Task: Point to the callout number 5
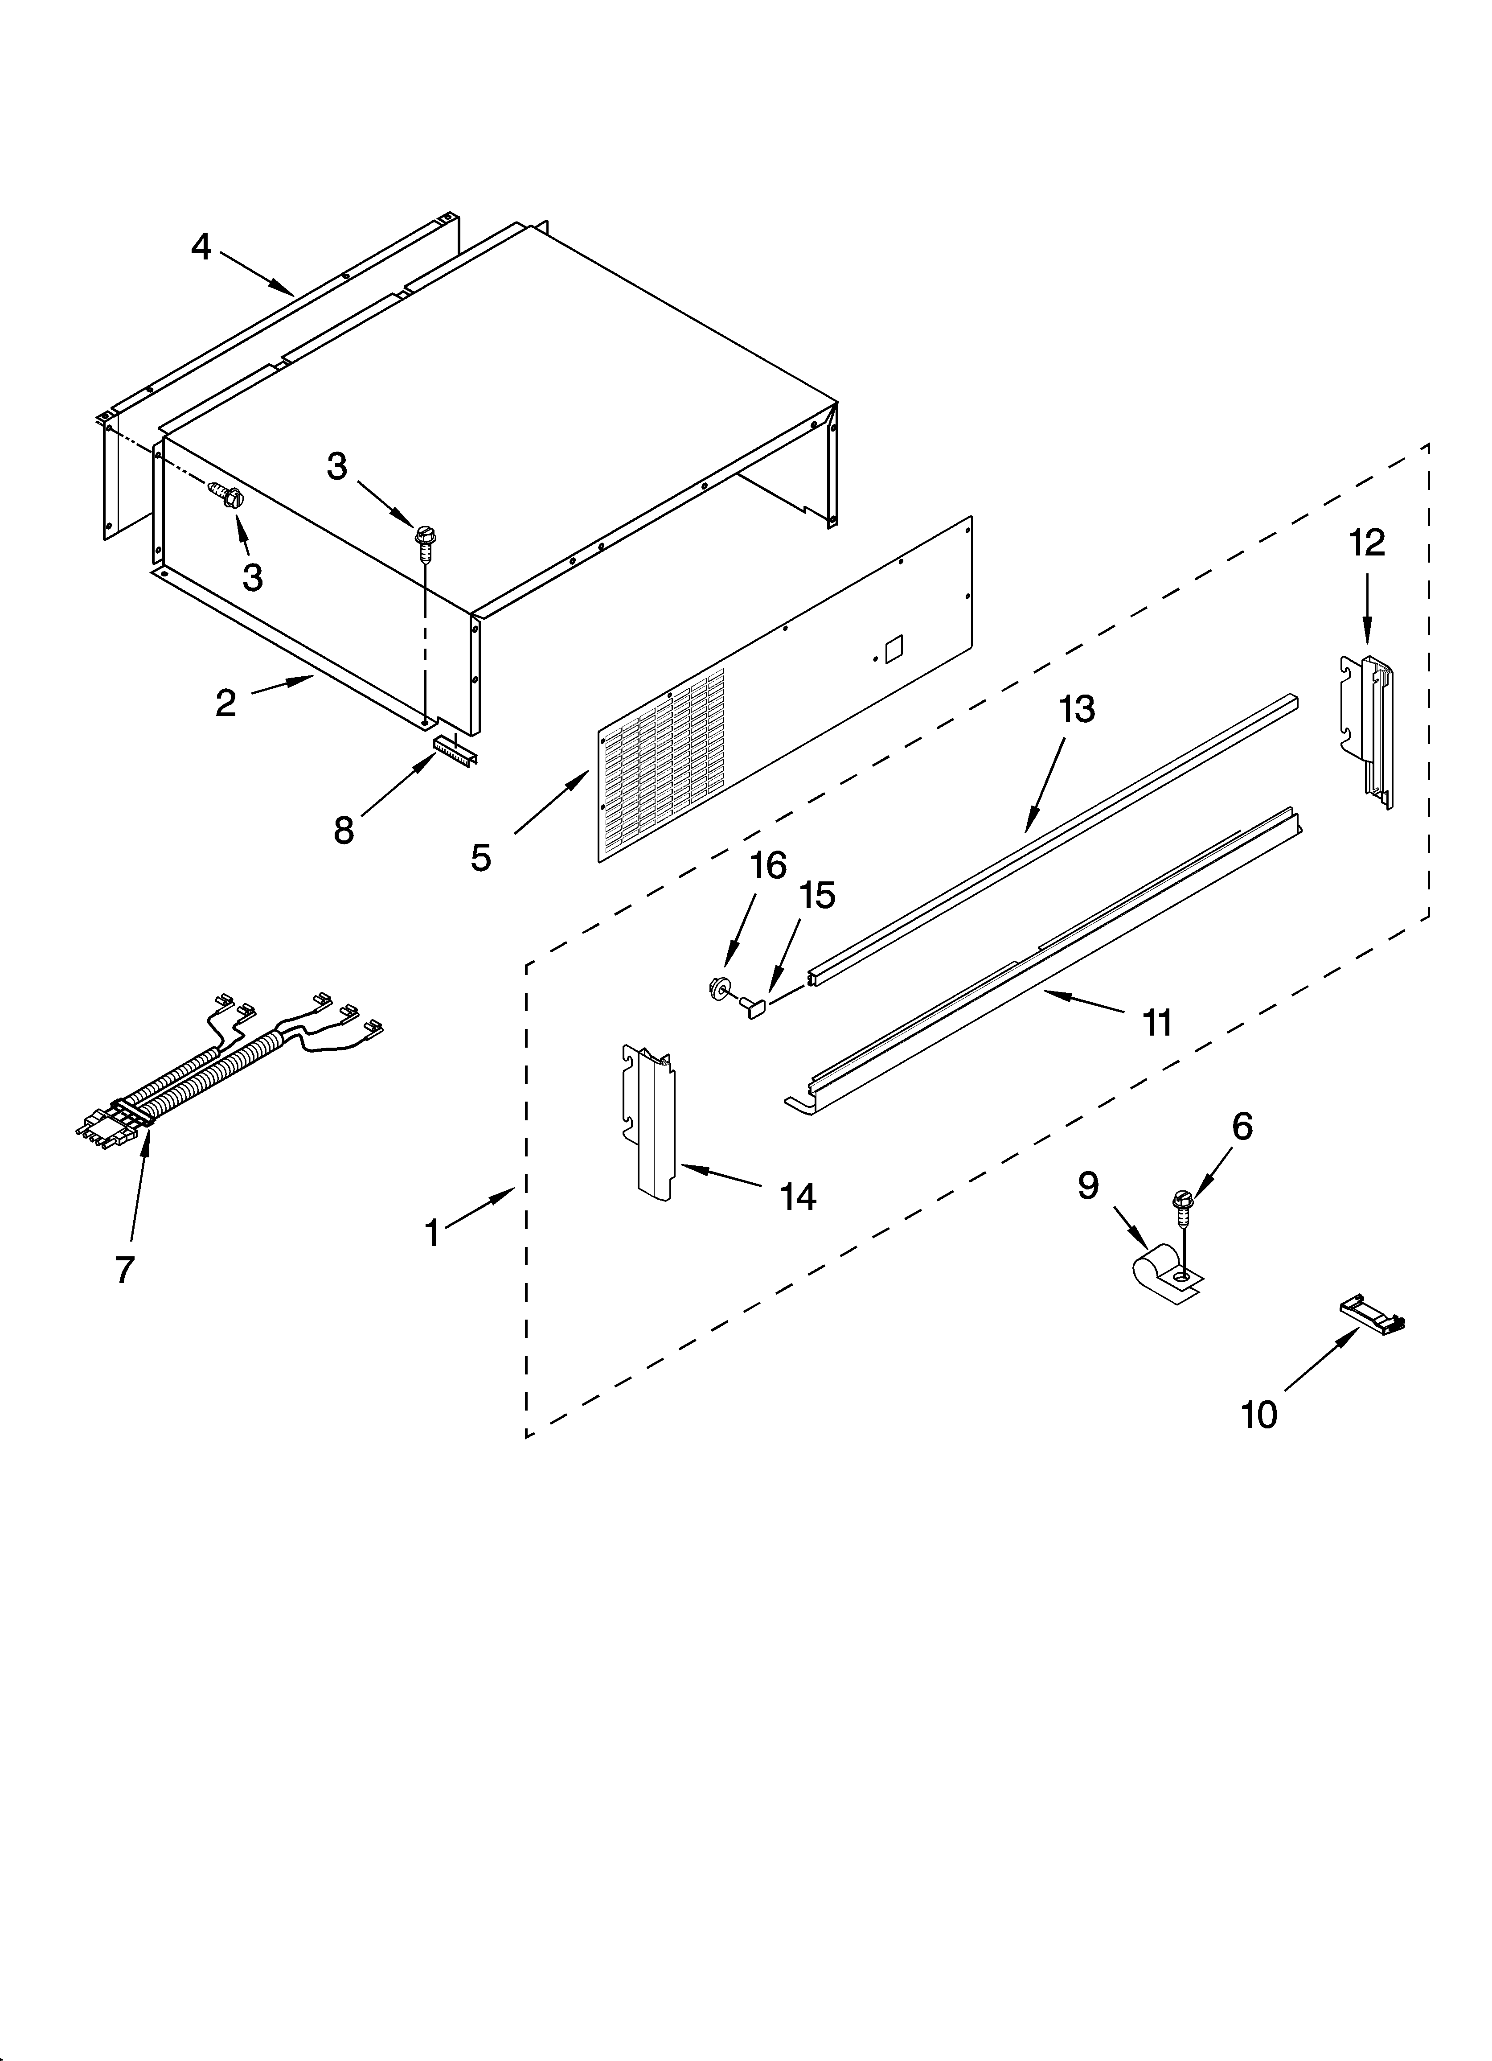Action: coord(481,857)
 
